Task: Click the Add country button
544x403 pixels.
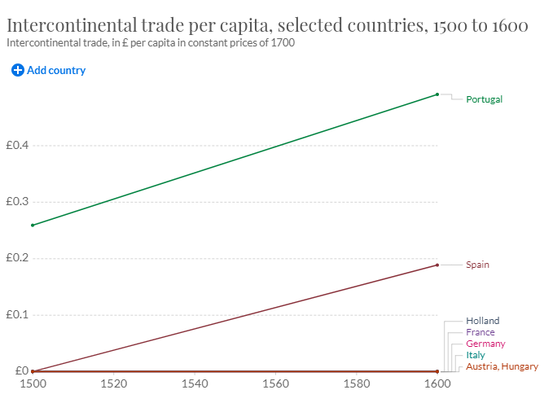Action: click(x=49, y=70)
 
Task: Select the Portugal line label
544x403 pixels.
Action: click(x=484, y=99)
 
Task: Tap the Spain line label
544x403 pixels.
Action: click(x=477, y=265)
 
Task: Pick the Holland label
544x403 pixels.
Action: click(x=482, y=321)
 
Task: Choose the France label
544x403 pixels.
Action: click(x=480, y=332)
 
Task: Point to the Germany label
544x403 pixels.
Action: click(x=485, y=344)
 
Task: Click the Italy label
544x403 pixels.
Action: click(x=475, y=355)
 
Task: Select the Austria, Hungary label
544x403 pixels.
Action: click(x=502, y=366)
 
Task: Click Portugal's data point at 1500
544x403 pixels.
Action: click(x=33, y=225)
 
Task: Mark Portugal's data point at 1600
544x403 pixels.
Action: click(x=437, y=94)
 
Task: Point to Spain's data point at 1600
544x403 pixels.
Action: click(x=437, y=265)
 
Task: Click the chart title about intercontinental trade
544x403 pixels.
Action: click(x=267, y=25)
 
